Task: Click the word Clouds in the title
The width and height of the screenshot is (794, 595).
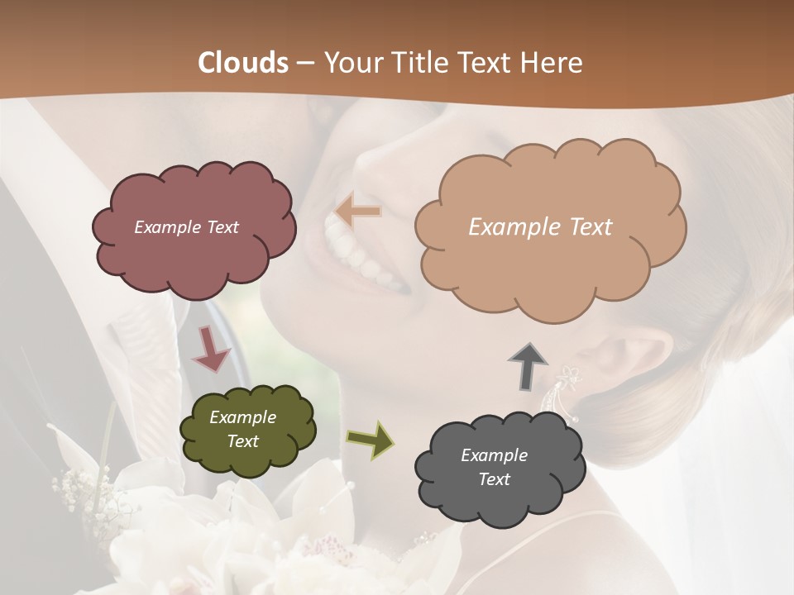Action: click(244, 63)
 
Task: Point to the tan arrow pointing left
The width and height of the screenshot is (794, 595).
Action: click(358, 212)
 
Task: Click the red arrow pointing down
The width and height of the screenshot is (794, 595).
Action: click(212, 349)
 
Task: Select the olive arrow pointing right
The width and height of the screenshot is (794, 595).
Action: click(370, 439)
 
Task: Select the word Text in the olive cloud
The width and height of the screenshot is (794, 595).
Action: click(243, 441)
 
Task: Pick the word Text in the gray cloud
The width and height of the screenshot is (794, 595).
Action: click(494, 479)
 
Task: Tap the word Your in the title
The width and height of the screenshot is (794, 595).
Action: click(350, 63)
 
